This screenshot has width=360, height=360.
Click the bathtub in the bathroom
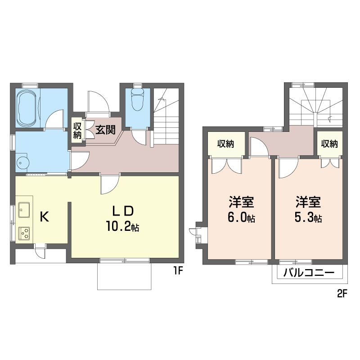[x=27, y=108]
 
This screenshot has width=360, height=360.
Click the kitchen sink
[x=24, y=210]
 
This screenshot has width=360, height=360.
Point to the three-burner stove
[x=24, y=233]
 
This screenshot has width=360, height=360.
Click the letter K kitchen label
[x=44, y=216]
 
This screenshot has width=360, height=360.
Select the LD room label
[x=122, y=211]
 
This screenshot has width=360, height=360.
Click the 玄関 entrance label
[x=105, y=130]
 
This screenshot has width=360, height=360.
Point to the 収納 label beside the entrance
[x=77, y=130]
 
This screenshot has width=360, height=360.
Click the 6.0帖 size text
[x=241, y=217]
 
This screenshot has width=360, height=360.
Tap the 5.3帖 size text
[x=308, y=217]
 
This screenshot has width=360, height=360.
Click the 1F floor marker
[x=178, y=271]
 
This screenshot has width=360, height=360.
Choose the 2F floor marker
[x=342, y=294]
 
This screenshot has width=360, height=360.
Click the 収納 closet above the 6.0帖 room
[x=226, y=144]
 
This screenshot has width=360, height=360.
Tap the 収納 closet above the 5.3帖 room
[x=329, y=144]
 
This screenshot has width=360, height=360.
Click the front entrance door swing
[x=98, y=102]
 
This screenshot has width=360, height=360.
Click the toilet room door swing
[x=139, y=137]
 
